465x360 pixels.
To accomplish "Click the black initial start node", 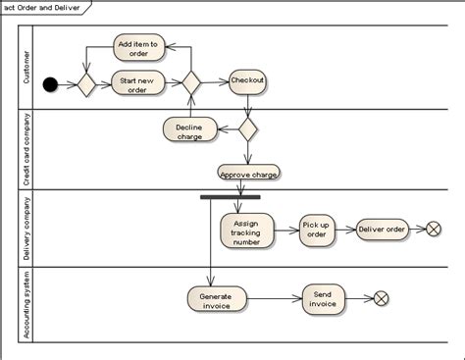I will click(x=51, y=84).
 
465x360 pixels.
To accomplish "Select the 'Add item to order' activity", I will click(x=138, y=49).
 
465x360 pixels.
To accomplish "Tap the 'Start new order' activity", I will click(x=137, y=83).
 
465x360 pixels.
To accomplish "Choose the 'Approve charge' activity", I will click(x=248, y=174).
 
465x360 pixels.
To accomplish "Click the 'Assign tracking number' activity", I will click(x=246, y=231).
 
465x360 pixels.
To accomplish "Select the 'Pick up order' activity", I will click(x=316, y=229).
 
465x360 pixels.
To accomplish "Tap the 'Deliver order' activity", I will click(x=382, y=229).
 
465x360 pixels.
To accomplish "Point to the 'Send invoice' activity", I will click(x=324, y=298).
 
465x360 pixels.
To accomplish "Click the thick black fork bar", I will click(x=230, y=197).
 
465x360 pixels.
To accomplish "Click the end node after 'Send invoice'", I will click(x=382, y=298).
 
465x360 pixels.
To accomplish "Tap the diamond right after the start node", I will click(x=86, y=84).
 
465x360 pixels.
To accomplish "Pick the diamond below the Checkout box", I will click(x=247, y=128).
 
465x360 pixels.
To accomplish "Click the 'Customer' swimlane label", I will click(x=26, y=66).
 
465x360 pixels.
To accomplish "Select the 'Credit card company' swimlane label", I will click(x=26, y=150).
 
